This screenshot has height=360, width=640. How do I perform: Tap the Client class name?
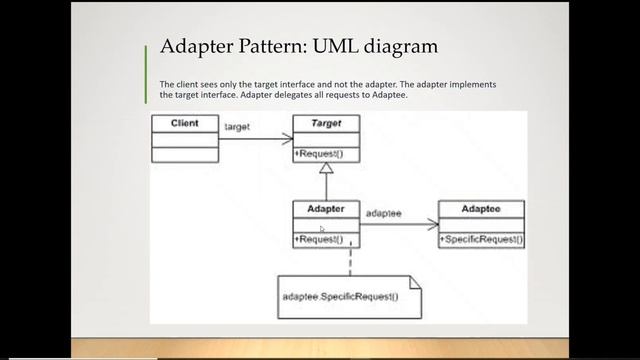(184, 124)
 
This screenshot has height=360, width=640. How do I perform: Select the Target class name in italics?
(326, 124)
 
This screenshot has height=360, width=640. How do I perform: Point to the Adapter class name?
(325, 210)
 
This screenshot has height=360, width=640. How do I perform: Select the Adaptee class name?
(481, 210)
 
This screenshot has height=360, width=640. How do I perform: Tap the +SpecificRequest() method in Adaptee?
(481, 240)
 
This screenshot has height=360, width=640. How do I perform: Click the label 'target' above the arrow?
(238, 127)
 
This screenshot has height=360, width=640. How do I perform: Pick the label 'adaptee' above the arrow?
(384, 213)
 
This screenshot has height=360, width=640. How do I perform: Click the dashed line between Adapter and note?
(350, 262)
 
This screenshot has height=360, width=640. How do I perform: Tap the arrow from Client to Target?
(255, 139)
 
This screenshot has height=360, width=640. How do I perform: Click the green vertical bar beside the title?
(146, 55)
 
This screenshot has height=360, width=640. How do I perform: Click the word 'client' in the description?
(187, 86)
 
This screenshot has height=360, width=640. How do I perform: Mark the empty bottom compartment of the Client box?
(184, 155)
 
